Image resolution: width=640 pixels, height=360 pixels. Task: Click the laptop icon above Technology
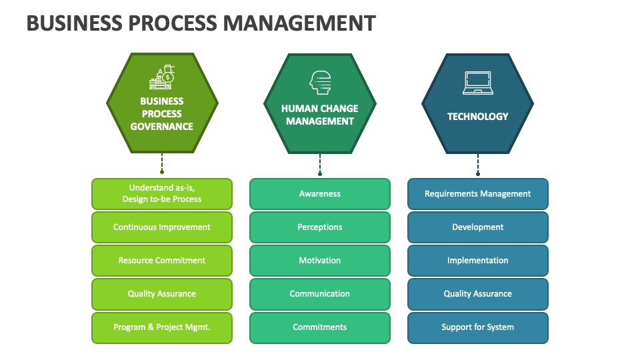tap(477, 83)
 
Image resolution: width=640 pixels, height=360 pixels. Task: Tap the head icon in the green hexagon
tap(320, 82)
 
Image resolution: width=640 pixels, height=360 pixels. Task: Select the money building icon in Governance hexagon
tap(162, 78)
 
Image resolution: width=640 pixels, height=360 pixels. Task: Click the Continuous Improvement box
tap(162, 227)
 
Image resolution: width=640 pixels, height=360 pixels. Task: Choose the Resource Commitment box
tap(162, 261)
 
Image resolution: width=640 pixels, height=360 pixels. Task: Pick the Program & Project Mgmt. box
tap(162, 327)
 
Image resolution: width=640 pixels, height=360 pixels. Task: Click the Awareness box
tap(320, 194)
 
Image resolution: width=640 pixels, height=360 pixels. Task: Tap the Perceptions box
tap(320, 227)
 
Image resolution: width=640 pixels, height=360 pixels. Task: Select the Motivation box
tap(320, 261)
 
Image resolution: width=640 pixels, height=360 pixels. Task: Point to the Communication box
tap(320, 294)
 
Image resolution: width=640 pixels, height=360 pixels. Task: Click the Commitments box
tap(320, 327)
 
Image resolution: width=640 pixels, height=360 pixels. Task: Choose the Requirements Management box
tap(478, 194)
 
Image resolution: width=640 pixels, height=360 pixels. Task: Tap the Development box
tap(478, 227)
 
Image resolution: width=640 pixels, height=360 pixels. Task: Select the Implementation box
tap(478, 261)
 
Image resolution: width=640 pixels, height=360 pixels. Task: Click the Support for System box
tap(478, 327)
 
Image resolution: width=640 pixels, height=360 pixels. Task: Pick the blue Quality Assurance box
tap(478, 294)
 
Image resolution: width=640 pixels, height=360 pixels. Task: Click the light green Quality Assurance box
tap(162, 294)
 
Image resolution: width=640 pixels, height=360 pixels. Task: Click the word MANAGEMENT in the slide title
tap(299, 23)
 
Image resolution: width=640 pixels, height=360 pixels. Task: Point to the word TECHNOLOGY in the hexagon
tap(477, 117)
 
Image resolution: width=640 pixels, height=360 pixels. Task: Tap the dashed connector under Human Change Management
tap(320, 163)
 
